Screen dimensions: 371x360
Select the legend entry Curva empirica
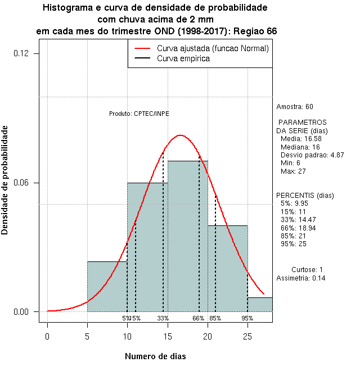(x=183, y=58)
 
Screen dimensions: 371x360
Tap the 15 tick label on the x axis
(x=168, y=336)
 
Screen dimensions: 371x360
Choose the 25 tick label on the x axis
(x=247, y=336)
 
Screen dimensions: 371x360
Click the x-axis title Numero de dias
(x=155, y=356)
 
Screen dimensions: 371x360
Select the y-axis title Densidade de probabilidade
(x=5, y=180)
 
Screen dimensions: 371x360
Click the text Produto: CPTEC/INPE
(x=139, y=114)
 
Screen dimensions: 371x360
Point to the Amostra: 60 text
(x=295, y=107)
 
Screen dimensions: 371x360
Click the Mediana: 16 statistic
(x=300, y=147)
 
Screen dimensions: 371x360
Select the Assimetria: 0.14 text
(x=301, y=278)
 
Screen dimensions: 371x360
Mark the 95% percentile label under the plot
(x=247, y=318)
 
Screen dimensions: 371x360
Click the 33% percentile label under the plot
(x=163, y=318)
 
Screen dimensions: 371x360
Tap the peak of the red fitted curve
(x=180, y=135)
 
